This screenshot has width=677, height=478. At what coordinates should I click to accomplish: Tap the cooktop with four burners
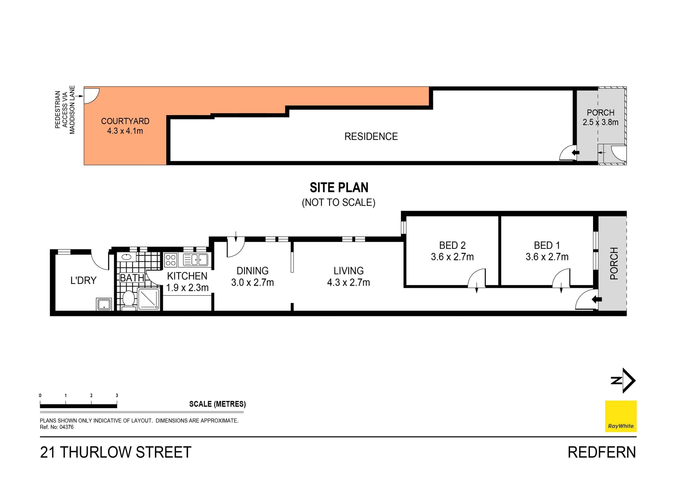click(x=171, y=260)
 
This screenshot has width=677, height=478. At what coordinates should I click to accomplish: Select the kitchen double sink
click(x=195, y=260)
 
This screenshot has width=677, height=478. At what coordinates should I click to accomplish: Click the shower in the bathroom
click(x=148, y=299)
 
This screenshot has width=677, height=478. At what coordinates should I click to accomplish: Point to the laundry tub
click(x=104, y=304)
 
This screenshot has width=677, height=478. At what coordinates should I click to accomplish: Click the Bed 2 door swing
click(x=476, y=278)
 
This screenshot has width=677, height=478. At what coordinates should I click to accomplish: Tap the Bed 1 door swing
click(x=561, y=278)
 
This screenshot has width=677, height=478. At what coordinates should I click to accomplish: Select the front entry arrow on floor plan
click(x=597, y=300)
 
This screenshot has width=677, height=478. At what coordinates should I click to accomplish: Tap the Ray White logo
click(x=621, y=416)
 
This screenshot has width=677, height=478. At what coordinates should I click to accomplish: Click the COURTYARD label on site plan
click(x=125, y=121)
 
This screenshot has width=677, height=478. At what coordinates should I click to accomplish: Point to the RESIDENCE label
click(x=371, y=136)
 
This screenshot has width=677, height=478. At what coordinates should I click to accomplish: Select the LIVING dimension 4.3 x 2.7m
click(x=348, y=283)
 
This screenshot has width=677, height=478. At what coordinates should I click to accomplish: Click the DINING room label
click(x=252, y=271)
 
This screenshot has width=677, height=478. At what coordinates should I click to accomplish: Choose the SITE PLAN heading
click(x=339, y=188)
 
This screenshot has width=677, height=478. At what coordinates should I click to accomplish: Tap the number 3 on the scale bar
click(x=117, y=396)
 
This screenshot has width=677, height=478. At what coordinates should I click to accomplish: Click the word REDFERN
click(x=602, y=452)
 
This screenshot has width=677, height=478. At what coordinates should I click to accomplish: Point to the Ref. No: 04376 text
click(x=57, y=427)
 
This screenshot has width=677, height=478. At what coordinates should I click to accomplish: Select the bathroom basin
click(x=127, y=257)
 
